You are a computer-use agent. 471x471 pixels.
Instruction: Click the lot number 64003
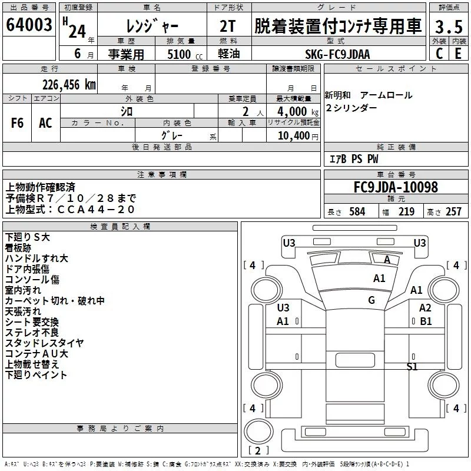tap(29, 25)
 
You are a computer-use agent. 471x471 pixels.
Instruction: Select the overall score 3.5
tap(449, 26)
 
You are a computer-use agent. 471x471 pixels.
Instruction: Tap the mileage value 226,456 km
tap(69, 85)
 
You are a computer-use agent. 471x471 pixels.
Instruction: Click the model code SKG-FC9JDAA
tap(337, 54)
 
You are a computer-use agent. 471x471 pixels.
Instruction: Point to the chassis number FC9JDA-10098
tap(396, 187)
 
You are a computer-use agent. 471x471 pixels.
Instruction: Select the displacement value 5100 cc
tap(185, 54)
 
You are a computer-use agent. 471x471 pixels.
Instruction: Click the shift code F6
tap(17, 123)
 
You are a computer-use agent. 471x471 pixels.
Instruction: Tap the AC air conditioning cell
tap(46, 123)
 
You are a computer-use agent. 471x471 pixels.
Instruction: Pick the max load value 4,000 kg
tap(298, 111)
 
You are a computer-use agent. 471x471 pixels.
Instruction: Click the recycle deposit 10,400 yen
tap(298, 136)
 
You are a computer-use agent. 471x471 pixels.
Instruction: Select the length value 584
tap(357, 211)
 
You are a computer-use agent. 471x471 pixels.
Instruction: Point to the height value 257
tap(453, 211)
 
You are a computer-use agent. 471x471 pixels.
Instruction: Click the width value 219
tap(406, 211)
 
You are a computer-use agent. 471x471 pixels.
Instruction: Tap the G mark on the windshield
tap(372, 300)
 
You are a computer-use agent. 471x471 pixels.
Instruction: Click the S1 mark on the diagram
tap(412, 366)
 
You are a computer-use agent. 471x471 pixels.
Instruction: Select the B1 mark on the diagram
tap(426, 321)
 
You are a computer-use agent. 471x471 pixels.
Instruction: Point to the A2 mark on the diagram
tap(425, 307)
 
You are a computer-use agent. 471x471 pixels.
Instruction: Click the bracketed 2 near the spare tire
tap(258, 450)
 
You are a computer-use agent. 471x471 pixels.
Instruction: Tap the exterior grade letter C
tap(439, 54)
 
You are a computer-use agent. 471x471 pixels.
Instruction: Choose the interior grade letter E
tap(458, 54)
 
